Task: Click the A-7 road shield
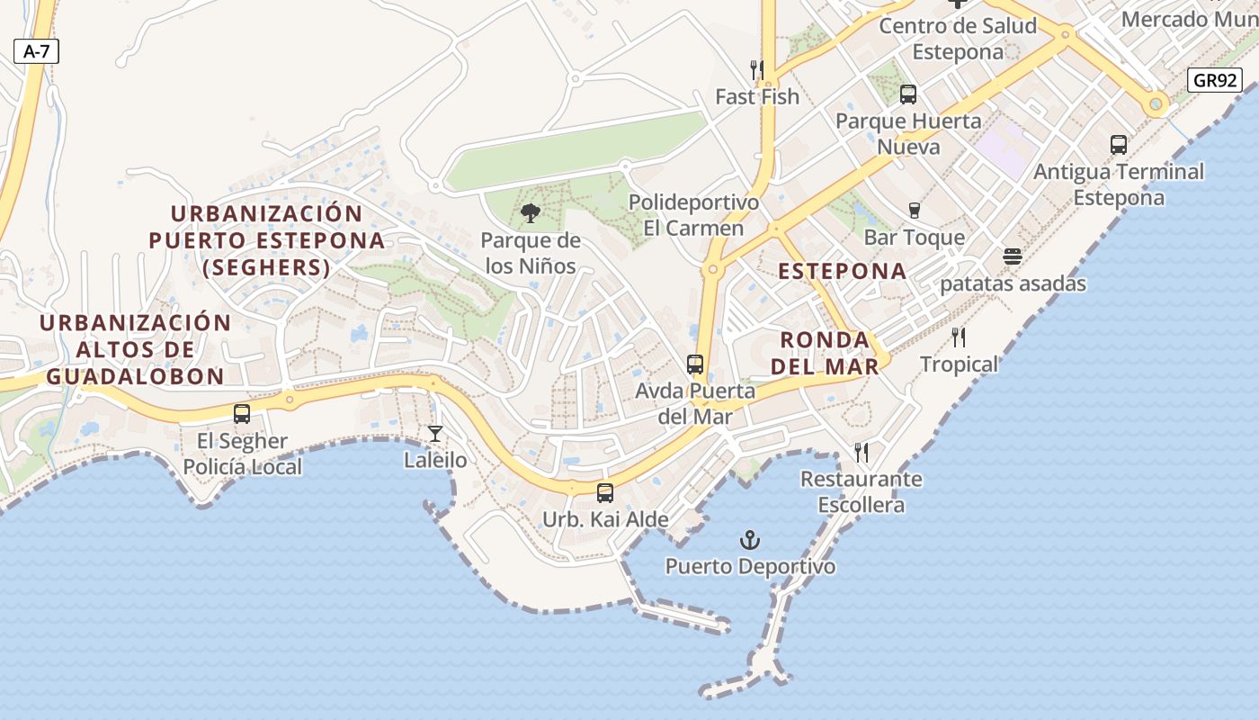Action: pos(36,51)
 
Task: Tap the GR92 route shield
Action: pos(1214,80)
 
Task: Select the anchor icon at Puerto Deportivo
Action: pos(750,540)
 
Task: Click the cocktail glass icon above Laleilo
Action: pos(435,434)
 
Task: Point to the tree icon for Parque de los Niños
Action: pos(531,213)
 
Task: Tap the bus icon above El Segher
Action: pos(242,414)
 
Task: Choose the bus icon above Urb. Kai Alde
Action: pos(605,493)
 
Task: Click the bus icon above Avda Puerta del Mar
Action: pos(695,364)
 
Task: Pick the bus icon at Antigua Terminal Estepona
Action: pos(1119,144)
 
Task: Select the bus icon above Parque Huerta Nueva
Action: pos(908,94)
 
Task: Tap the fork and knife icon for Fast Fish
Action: pos(757,69)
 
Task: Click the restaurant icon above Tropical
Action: pos(959,337)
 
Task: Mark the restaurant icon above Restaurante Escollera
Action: pos(862,452)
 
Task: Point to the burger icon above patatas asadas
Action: pos(1013,256)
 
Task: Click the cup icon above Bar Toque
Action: pos(915,211)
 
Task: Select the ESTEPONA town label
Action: pos(842,271)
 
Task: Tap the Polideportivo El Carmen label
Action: pos(693,215)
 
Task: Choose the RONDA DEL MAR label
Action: pos(825,353)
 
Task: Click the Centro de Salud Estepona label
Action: pos(958,38)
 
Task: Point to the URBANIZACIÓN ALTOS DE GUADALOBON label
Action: pos(135,349)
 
